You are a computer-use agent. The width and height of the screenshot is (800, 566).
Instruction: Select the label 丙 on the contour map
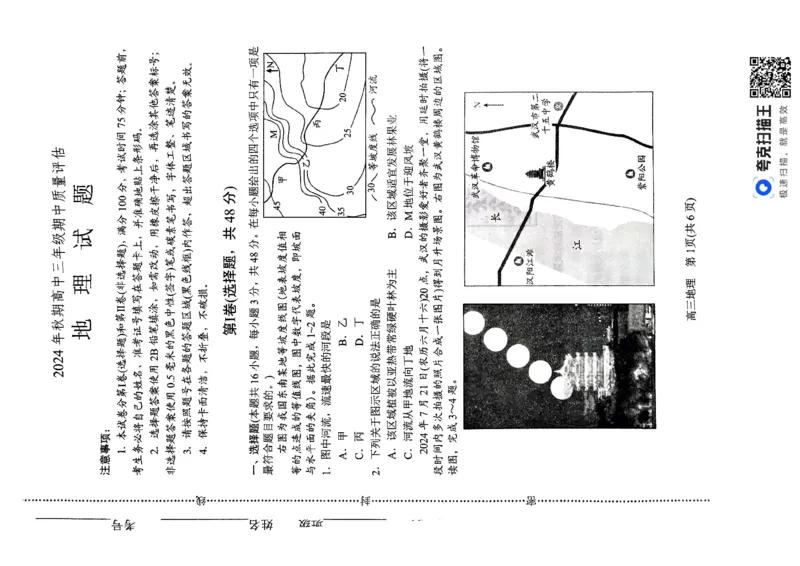(318, 124)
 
